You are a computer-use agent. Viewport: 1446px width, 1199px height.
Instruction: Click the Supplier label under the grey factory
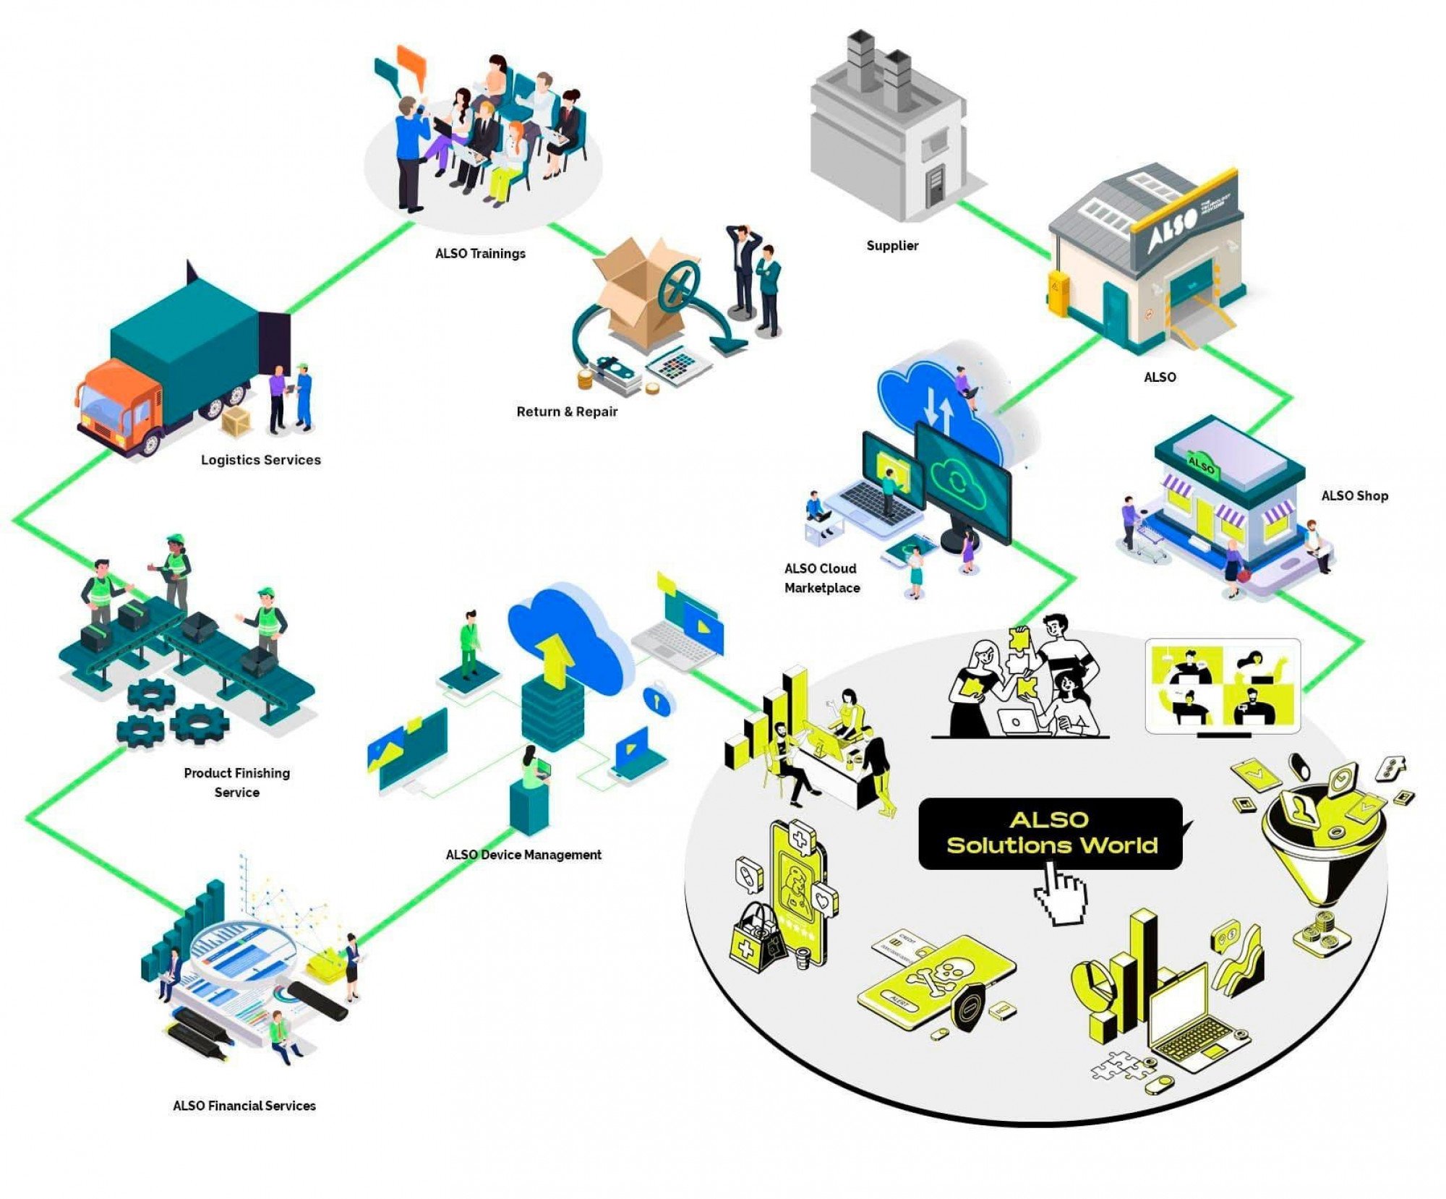[x=892, y=246]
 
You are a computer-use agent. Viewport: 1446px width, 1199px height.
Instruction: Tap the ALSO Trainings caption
[x=480, y=254]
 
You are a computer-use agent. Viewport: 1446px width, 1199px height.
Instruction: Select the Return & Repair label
[x=567, y=412]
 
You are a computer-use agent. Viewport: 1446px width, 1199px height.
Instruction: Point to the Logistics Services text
[x=260, y=460]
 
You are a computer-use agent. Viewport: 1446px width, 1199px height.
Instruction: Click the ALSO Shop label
[x=1354, y=496]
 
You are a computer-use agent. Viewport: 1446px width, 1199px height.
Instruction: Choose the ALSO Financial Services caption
[x=244, y=1106]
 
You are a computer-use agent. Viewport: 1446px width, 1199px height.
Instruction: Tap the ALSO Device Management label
[x=523, y=855]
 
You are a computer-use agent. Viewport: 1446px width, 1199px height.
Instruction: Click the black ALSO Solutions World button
[x=1050, y=833]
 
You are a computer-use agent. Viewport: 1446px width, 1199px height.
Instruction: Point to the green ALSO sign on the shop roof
[x=1202, y=464]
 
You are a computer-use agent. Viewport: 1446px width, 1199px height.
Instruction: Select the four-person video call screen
[x=1223, y=686]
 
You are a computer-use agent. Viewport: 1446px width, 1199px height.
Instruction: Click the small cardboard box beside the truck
[x=236, y=422]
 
